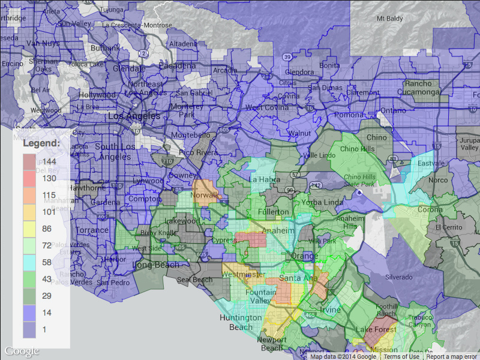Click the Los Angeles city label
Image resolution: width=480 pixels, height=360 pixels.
(x=133, y=116)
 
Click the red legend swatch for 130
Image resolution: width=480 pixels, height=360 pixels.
(x=30, y=178)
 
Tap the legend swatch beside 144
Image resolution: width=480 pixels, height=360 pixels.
(x=30, y=161)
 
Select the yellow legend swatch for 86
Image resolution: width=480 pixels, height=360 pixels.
(x=30, y=229)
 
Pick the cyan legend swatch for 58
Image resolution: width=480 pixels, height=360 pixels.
(x=30, y=262)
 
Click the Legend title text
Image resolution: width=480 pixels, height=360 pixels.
(x=41, y=144)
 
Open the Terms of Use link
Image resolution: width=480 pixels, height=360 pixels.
(x=401, y=356)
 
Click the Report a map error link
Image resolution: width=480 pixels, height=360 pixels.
(x=452, y=356)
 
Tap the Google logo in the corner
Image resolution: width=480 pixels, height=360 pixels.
(x=22, y=351)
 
